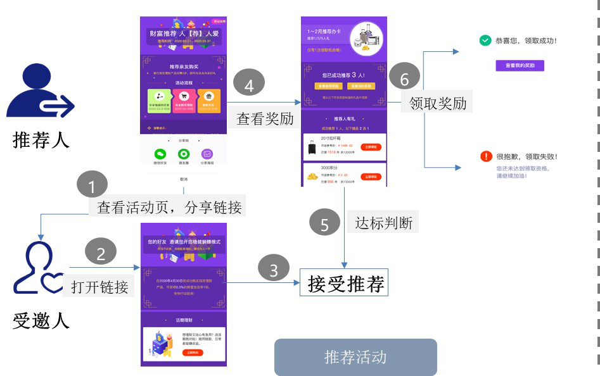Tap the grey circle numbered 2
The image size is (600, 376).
(100, 253)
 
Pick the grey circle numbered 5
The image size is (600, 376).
(325, 224)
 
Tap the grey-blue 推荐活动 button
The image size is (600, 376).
(355, 357)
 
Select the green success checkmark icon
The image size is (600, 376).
(485, 41)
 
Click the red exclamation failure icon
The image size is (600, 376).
(486, 156)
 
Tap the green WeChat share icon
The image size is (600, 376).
(160, 154)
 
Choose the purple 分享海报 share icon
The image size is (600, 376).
(207, 154)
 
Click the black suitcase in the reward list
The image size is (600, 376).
(311, 147)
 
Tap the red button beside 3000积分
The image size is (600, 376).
(371, 177)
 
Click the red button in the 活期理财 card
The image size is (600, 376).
(192, 352)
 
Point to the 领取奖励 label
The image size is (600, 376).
(438, 103)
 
